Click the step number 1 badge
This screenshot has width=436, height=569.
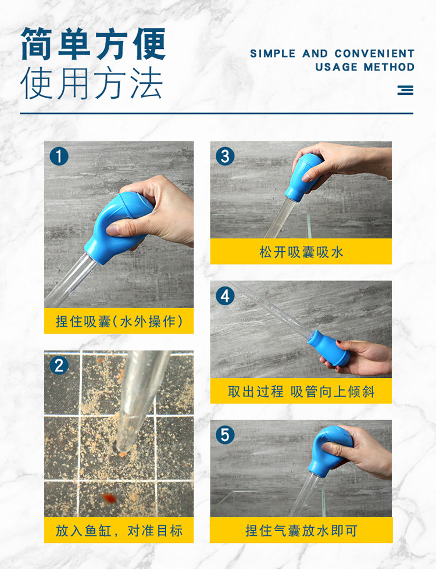click(59, 156)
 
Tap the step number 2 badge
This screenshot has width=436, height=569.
click(59, 366)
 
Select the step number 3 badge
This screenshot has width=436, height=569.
click(225, 156)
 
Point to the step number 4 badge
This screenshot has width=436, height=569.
click(225, 296)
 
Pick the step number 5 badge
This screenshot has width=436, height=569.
click(225, 435)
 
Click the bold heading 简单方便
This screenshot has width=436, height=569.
click(93, 44)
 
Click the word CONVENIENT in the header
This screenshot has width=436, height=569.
click(374, 53)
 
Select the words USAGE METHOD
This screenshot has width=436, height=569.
click(365, 67)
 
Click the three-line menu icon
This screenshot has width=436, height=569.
click(405, 90)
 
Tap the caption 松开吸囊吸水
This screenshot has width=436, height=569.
click(301, 252)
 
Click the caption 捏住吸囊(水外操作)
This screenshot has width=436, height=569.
click(119, 321)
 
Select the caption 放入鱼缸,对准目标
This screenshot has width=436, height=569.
click(119, 531)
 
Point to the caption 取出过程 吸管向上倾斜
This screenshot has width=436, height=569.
click(301, 391)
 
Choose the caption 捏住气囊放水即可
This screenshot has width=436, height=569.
click(301, 531)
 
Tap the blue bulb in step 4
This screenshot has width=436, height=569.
click(328, 348)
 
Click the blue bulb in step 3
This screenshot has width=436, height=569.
click(303, 178)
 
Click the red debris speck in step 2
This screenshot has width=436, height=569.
click(108, 498)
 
